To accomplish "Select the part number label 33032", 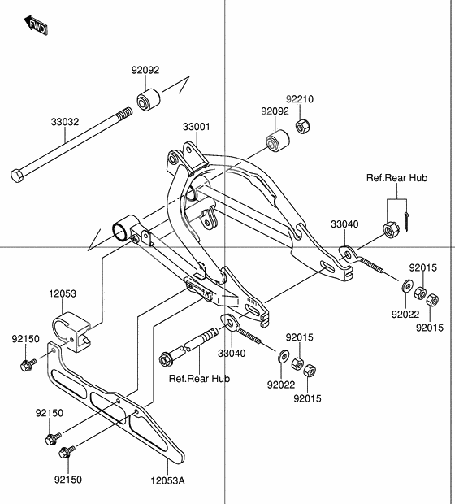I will [65, 123].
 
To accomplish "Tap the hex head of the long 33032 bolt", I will [18, 174].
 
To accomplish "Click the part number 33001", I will [196, 127].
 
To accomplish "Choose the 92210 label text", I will [299, 99].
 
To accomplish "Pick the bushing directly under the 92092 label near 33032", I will [147, 102].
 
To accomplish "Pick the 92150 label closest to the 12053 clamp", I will [25, 338].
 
